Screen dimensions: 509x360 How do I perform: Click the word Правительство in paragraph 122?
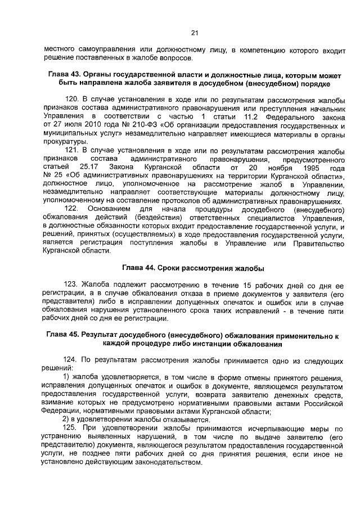[x=319, y=242]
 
